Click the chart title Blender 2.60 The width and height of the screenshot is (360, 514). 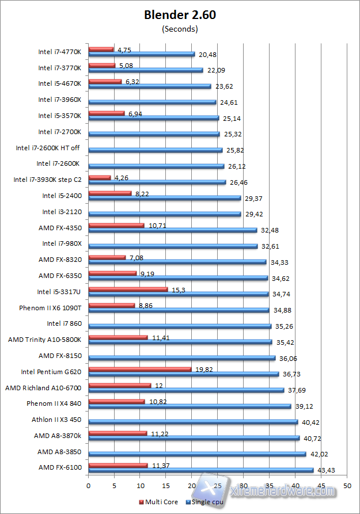tap(180, 15)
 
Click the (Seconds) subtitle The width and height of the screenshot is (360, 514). tap(180, 28)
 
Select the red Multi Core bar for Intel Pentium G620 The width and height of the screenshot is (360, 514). tap(139, 369)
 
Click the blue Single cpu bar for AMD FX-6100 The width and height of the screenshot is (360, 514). tap(200, 470)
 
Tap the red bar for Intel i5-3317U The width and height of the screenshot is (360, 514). tap(128, 289)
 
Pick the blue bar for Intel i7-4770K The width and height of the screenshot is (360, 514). tap(142, 54)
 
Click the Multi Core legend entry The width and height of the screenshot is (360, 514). tap(161, 502)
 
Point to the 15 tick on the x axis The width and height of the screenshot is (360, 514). tap(166, 486)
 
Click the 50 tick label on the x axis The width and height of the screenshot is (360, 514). tap(347, 486)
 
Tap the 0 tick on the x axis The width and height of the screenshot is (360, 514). tap(89, 486)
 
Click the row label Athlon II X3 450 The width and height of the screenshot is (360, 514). tap(56, 420)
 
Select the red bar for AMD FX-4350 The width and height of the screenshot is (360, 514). tap(116, 225)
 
